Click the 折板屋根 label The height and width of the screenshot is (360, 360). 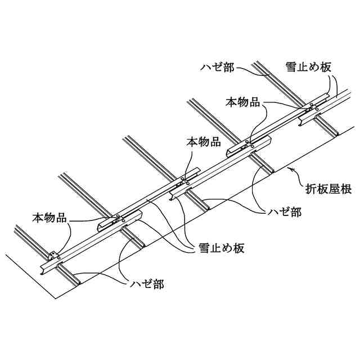[x=329, y=190]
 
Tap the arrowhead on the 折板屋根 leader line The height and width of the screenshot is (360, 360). [x=288, y=167]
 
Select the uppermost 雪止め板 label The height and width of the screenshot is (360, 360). [x=308, y=66]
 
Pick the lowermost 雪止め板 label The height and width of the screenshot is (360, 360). [x=221, y=248]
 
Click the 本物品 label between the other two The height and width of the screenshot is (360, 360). [x=203, y=142]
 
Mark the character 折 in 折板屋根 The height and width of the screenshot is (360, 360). [x=312, y=190]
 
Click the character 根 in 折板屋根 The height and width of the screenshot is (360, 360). [x=346, y=190]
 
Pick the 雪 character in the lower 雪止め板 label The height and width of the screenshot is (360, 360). [x=204, y=248]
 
